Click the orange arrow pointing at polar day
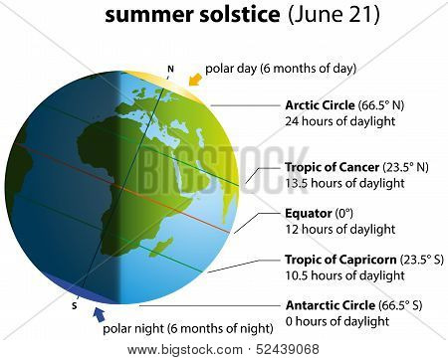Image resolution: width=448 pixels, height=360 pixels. click(x=195, y=80)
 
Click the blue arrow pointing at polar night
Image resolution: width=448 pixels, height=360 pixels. click(x=99, y=314)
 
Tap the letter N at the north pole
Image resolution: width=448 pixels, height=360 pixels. click(x=170, y=69)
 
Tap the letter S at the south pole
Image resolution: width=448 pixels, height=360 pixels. click(x=75, y=305)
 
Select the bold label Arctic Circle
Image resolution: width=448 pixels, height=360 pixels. click(x=320, y=105)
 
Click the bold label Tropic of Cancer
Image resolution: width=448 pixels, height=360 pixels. click(x=333, y=167)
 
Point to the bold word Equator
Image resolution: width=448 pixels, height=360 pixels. click(x=309, y=214)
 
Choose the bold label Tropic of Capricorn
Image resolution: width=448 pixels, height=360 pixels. click(x=340, y=260)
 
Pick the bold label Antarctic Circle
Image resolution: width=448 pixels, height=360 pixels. click(x=331, y=305)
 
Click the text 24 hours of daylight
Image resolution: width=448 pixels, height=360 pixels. click(x=340, y=121)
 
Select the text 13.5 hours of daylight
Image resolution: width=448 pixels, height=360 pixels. click(x=344, y=183)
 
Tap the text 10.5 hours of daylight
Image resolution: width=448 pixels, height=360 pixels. click(x=344, y=275)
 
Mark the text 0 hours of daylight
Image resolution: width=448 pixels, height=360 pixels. click(x=337, y=321)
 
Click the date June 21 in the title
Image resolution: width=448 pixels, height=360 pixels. click(x=334, y=15)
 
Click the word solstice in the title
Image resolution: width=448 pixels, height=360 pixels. click(x=239, y=15)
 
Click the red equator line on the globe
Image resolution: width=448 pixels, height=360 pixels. click(x=122, y=188)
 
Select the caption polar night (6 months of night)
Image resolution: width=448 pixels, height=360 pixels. click(x=188, y=329)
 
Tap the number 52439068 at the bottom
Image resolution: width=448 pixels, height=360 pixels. click(x=288, y=349)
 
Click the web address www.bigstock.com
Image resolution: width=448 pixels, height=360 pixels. click(x=185, y=350)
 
